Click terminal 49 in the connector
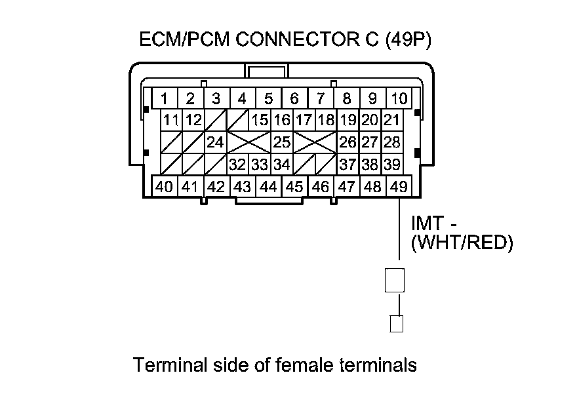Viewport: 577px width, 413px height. point(399,187)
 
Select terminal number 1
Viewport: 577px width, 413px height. point(164,99)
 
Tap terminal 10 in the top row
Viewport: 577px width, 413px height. point(399,99)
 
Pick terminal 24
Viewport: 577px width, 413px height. point(215,142)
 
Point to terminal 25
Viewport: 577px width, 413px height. point(281,142)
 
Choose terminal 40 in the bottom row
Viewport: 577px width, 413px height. point(164,187)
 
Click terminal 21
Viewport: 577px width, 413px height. point(391,120)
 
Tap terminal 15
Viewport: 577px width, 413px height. point(260,120)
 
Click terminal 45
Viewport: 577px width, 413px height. point(294,187)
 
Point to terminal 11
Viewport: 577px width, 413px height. point(172,120)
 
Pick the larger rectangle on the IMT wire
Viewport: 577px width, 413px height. point(395,280)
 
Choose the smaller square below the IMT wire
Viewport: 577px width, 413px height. point(395,323)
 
